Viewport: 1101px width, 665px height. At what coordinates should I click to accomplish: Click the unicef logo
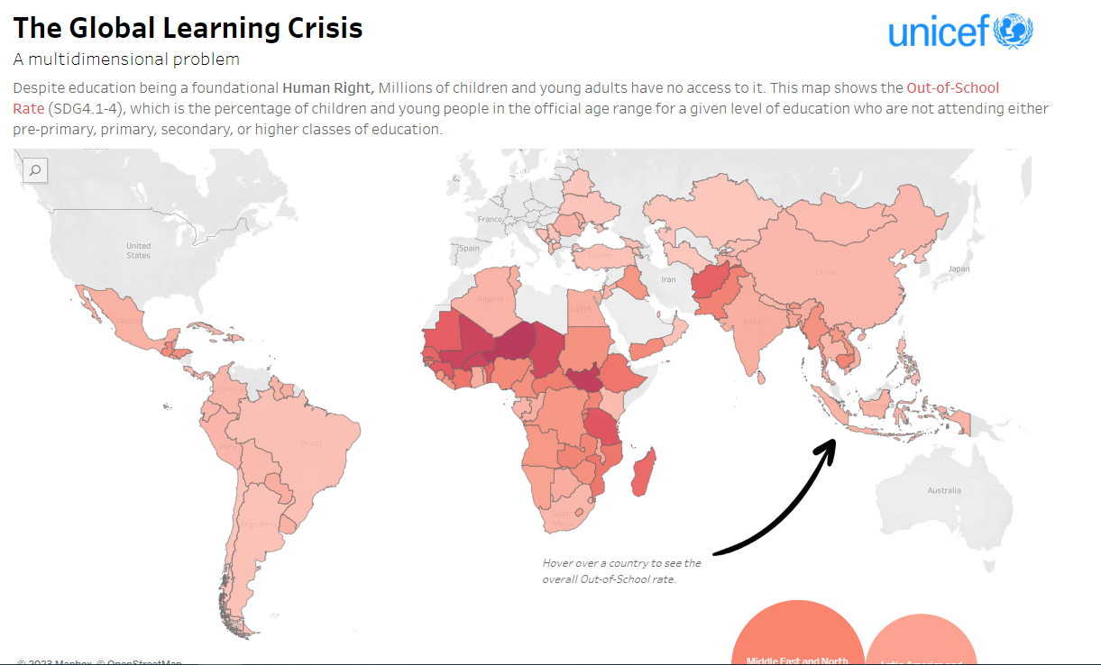click(x=960, y=32)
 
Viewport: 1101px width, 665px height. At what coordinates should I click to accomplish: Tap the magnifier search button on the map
click(x=35, y=169)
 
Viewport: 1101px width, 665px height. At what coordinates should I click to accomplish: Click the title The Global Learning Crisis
click(x=188, y=27)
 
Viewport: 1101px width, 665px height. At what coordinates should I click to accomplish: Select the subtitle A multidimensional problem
click(x=126, y=59)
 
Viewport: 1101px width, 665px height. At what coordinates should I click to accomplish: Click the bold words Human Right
click(x=327, y=87)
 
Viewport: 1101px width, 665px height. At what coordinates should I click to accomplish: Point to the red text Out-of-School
click(x=952, y=87)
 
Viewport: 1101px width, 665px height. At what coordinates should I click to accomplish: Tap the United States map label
click(x=138, y=250)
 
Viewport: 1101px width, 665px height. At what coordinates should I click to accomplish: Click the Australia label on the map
click(x=944, y=490)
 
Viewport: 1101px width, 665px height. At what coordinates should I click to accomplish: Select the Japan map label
click(x=959, y=269)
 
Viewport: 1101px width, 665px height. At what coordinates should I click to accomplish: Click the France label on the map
click(x=490, y=219)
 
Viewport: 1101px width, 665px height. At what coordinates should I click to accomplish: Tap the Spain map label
click(x=470, y=248)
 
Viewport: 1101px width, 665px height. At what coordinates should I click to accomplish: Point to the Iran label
click(x=668, y=279)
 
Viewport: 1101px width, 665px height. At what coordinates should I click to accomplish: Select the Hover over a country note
click(x=621, y=570)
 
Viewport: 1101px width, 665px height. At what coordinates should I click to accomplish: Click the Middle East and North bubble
click(x=796, y=641)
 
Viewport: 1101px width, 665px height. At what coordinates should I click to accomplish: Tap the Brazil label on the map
click(x=311, y=442)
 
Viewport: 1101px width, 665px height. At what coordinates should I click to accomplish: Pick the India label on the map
click(x=752, y=322)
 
